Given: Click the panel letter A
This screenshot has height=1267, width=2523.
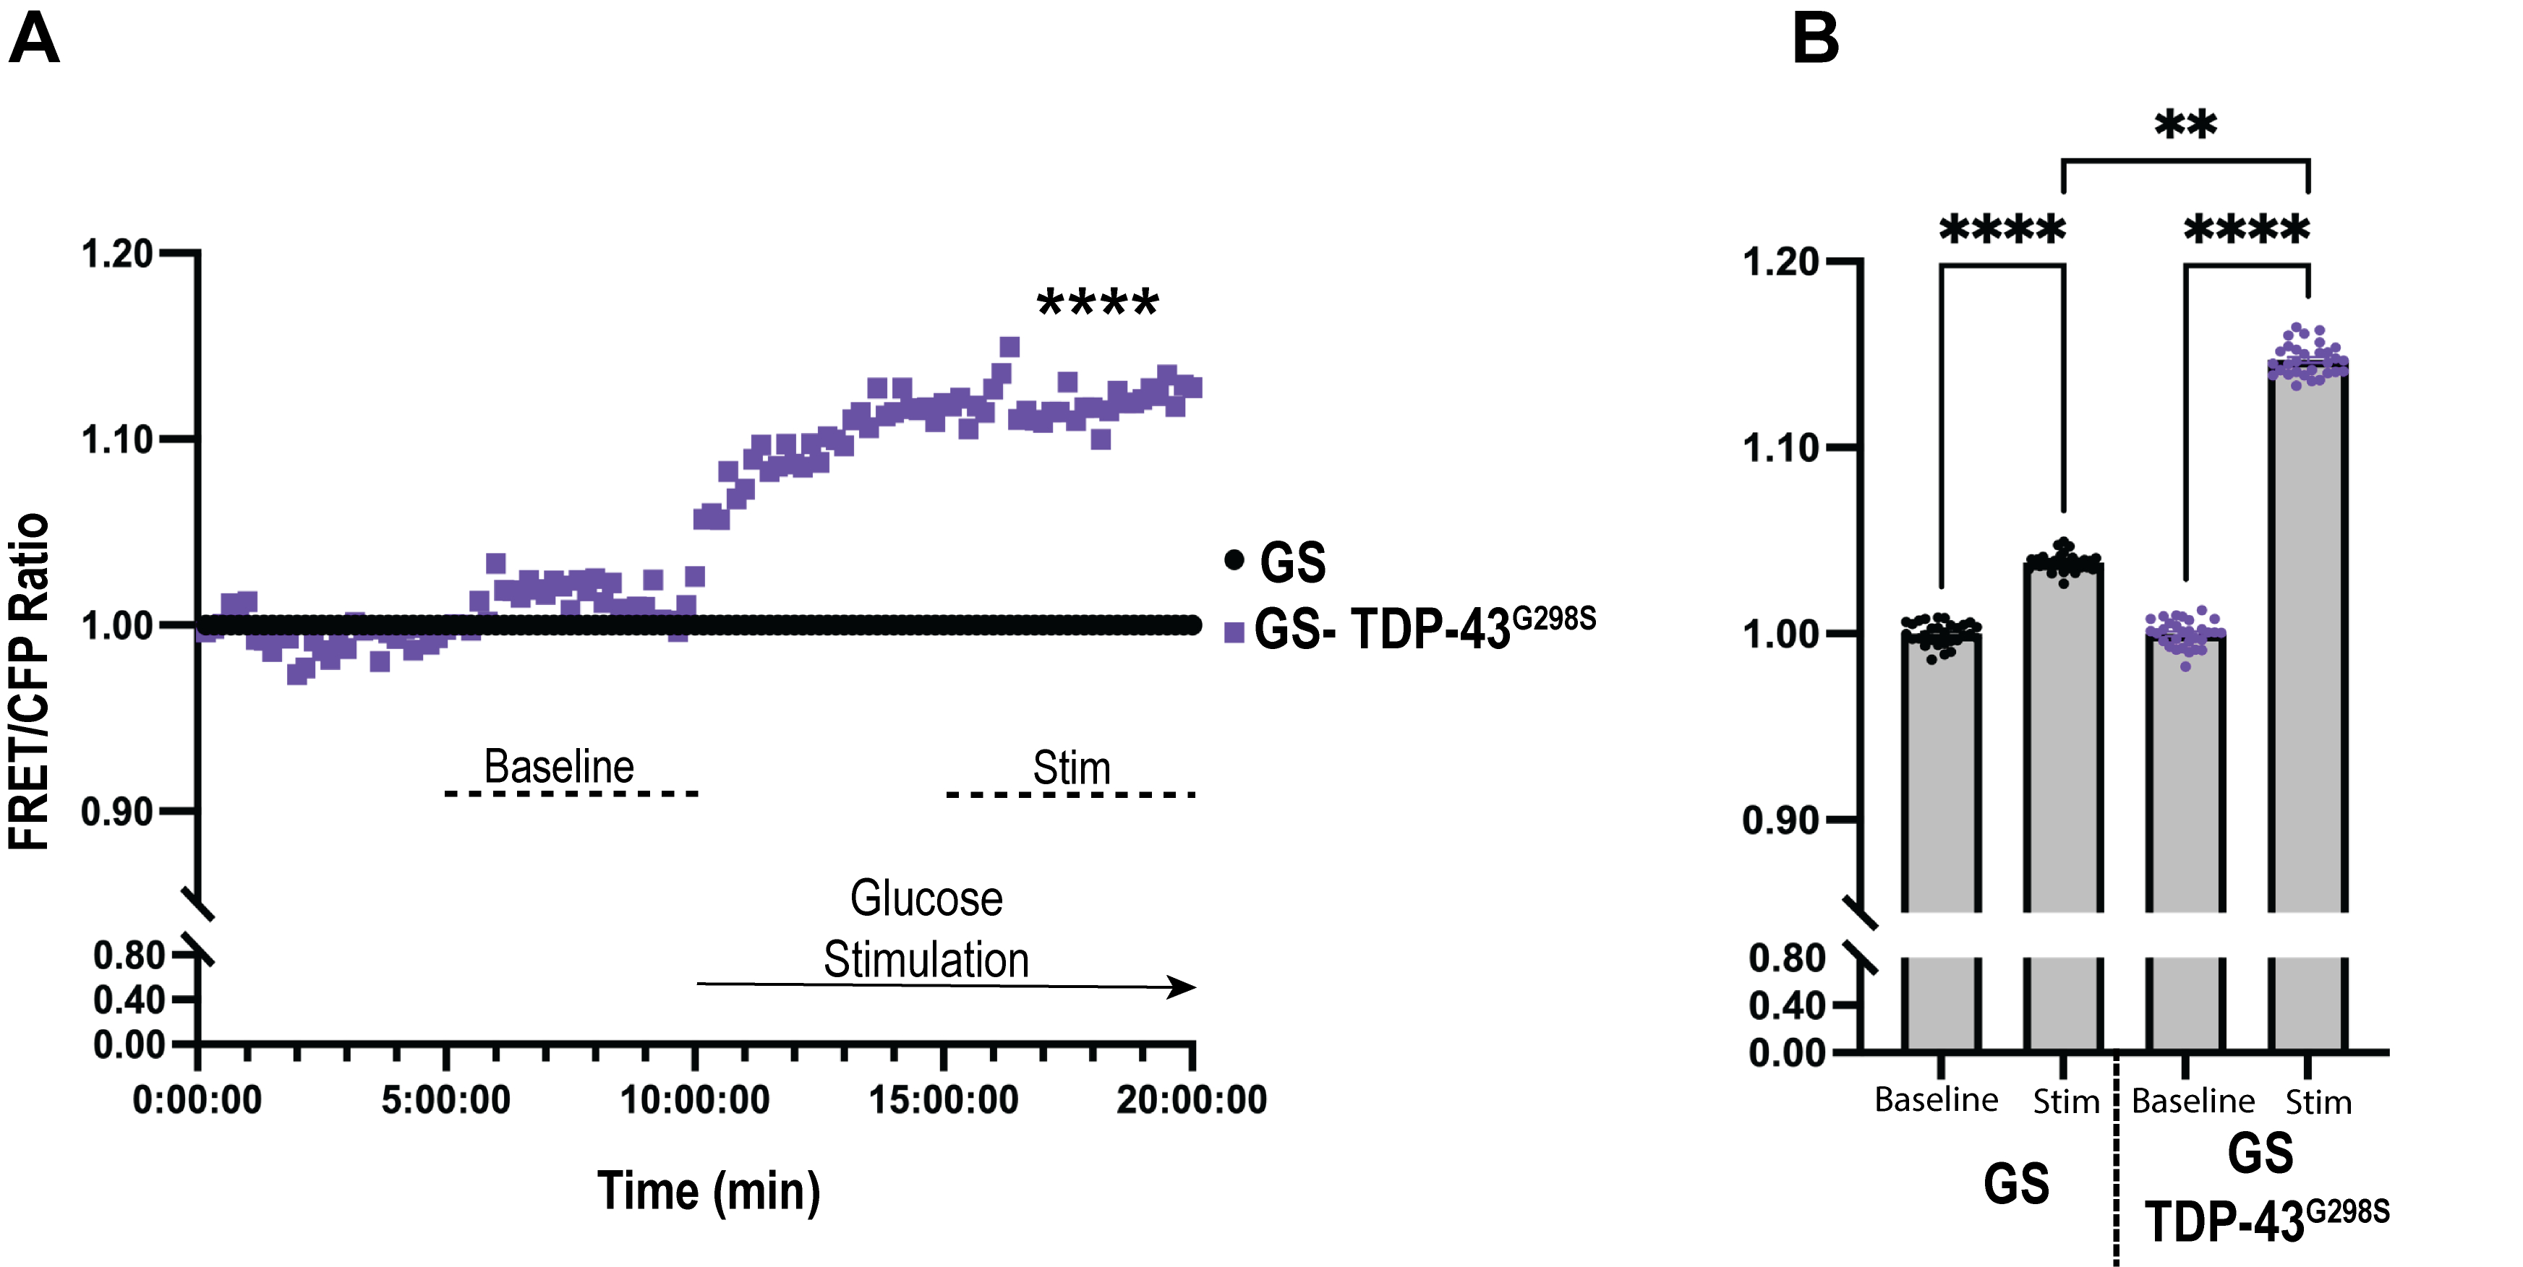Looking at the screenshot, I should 34,39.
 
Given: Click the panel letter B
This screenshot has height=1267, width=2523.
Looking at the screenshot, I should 1815,39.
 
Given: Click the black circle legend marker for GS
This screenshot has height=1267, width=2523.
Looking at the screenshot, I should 1234,560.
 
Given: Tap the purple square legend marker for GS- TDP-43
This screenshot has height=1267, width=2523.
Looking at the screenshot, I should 1234,632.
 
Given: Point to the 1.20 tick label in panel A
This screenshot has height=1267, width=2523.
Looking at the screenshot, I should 118,254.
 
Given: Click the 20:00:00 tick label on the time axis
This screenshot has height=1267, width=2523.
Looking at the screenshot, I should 1191,1099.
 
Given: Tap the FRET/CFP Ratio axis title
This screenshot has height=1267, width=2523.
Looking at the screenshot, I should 30,681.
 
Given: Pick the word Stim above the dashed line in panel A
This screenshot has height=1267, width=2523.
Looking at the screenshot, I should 1072,768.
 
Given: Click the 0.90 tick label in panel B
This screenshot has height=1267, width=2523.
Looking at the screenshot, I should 1780,820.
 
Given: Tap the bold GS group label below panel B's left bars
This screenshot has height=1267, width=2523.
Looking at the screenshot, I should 2015,1184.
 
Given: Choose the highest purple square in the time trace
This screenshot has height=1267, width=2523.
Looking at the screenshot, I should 1009,347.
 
